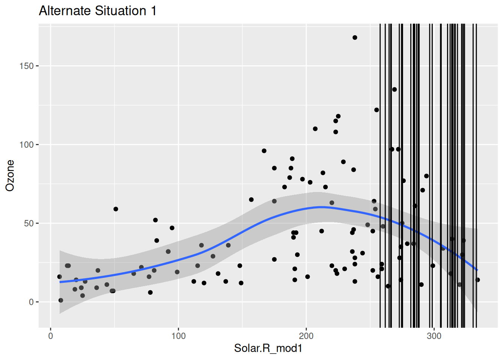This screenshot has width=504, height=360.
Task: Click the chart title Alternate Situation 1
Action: pyautogui.click(x=97, y=10)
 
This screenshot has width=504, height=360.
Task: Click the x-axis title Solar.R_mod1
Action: pyautogui.click(x=268, y=348)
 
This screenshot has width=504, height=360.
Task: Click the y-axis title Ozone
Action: pyautogui.click(x=10, y=175)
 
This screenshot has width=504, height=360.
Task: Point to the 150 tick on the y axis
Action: pyautogui.click(x=26, y=66)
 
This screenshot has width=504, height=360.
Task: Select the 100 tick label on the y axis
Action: pyautogui.click(x=26, y=145)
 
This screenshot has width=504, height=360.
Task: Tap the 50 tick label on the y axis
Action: pyautogui.click(x=28, y=223)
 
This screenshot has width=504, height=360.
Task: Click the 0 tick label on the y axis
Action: pyautogui.click(x=31, y=302)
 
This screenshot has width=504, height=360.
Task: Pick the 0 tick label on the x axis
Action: pyautogui.click(x=51, y=336)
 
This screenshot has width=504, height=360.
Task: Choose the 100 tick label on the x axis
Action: pyautogui.click(x=178, y=336)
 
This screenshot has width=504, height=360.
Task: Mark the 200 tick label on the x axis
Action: pyautogui.click(x=306, y=336)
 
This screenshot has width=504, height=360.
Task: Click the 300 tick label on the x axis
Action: pyautogui.click(x=434, y=336)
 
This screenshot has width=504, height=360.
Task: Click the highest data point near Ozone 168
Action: pyautogui.click(x=355, y=37)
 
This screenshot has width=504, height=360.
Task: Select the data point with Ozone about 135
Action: pyautogui.click(x=394, y=89)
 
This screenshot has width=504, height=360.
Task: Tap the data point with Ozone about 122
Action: pyautogui.click(x=376, y=110)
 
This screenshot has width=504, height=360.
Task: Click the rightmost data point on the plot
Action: pyautogui.click(x=477, y=280)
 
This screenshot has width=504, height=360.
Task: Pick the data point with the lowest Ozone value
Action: pyautogui.click(x=61, y=300)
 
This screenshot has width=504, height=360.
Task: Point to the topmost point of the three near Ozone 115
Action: pyautogui.click(x=338, y=116)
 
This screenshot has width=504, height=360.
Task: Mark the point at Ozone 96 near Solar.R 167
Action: pyautogui.click(x=264, y=151)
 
